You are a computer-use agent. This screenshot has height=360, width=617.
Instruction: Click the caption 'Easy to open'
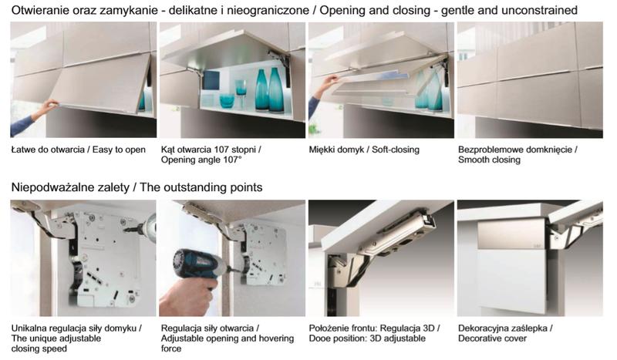pos(119,150)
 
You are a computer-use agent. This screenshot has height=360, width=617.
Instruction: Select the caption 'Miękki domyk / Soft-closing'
pos(364,150)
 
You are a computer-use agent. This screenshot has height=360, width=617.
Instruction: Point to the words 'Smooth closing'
pos(489,160)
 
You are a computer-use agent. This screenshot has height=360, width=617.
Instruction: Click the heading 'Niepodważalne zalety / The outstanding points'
pos(137,187)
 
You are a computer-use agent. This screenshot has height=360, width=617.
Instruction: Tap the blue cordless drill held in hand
pos(197,267)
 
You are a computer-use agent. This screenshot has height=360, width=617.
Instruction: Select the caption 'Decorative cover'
pos(492,338)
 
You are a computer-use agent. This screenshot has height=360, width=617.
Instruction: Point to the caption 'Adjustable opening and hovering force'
pos(228,344)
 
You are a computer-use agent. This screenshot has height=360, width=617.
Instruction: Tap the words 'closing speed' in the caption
pos(39,348)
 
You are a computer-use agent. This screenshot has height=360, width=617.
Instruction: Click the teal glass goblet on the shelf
pos(241,89)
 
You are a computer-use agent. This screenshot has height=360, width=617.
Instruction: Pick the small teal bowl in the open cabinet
pos(227,101)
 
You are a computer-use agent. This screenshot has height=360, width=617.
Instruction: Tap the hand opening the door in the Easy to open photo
pos(49,106)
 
